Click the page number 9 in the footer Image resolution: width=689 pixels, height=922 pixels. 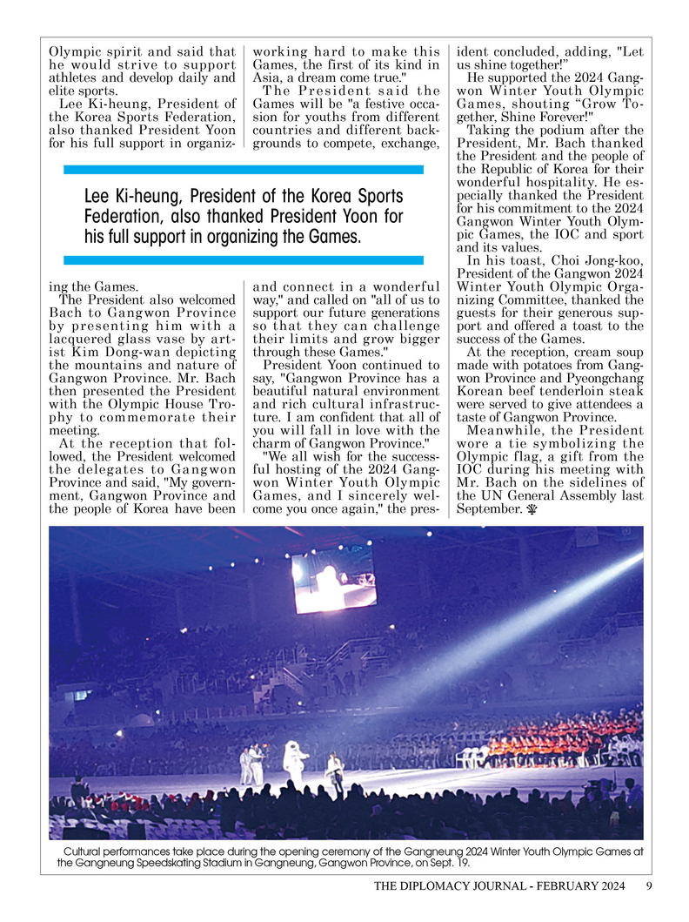tap(649, 887)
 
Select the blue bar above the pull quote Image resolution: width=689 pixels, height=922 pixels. tap(244, 170)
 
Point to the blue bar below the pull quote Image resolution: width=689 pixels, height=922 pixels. tap(244, 259)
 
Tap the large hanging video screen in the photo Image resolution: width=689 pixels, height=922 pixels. tap(334, 577)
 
